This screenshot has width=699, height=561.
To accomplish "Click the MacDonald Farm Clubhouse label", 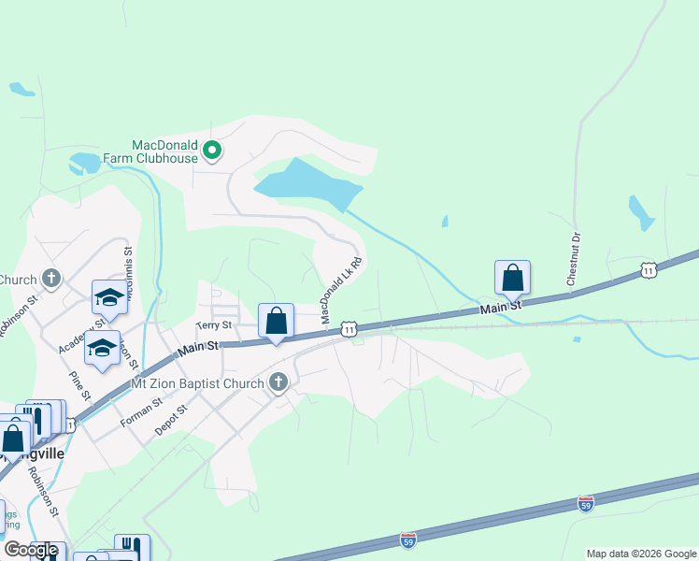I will pos(164,151).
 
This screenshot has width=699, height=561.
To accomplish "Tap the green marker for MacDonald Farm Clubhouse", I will pos(212,149).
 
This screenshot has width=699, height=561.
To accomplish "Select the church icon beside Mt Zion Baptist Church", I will pos(277,381).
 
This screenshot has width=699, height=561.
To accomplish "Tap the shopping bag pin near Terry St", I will pos(277,321).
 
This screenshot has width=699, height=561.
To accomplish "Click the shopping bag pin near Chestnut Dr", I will pos(512,278).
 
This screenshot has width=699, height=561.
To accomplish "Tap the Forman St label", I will pos(141,413).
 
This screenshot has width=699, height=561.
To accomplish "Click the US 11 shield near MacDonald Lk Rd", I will pos(349,329).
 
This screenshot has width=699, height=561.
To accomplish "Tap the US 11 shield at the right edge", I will pos(649,270).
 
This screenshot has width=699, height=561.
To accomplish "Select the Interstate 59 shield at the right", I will pos(586,504).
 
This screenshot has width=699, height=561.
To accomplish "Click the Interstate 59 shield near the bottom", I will pos(408,539).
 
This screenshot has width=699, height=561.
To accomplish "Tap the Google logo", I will pos(31,550).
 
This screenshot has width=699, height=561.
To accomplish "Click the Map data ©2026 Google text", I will pos(641,554).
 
